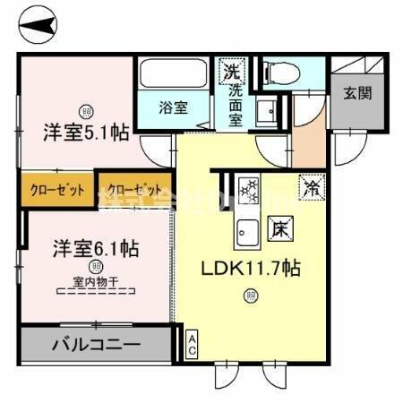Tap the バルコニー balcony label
click(x=95, y=344)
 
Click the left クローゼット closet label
click(x=57, y=190)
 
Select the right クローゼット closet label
click(x=135, y=190)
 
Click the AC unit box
click(x=192, y=346)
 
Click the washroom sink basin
click(x=265, y=113)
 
